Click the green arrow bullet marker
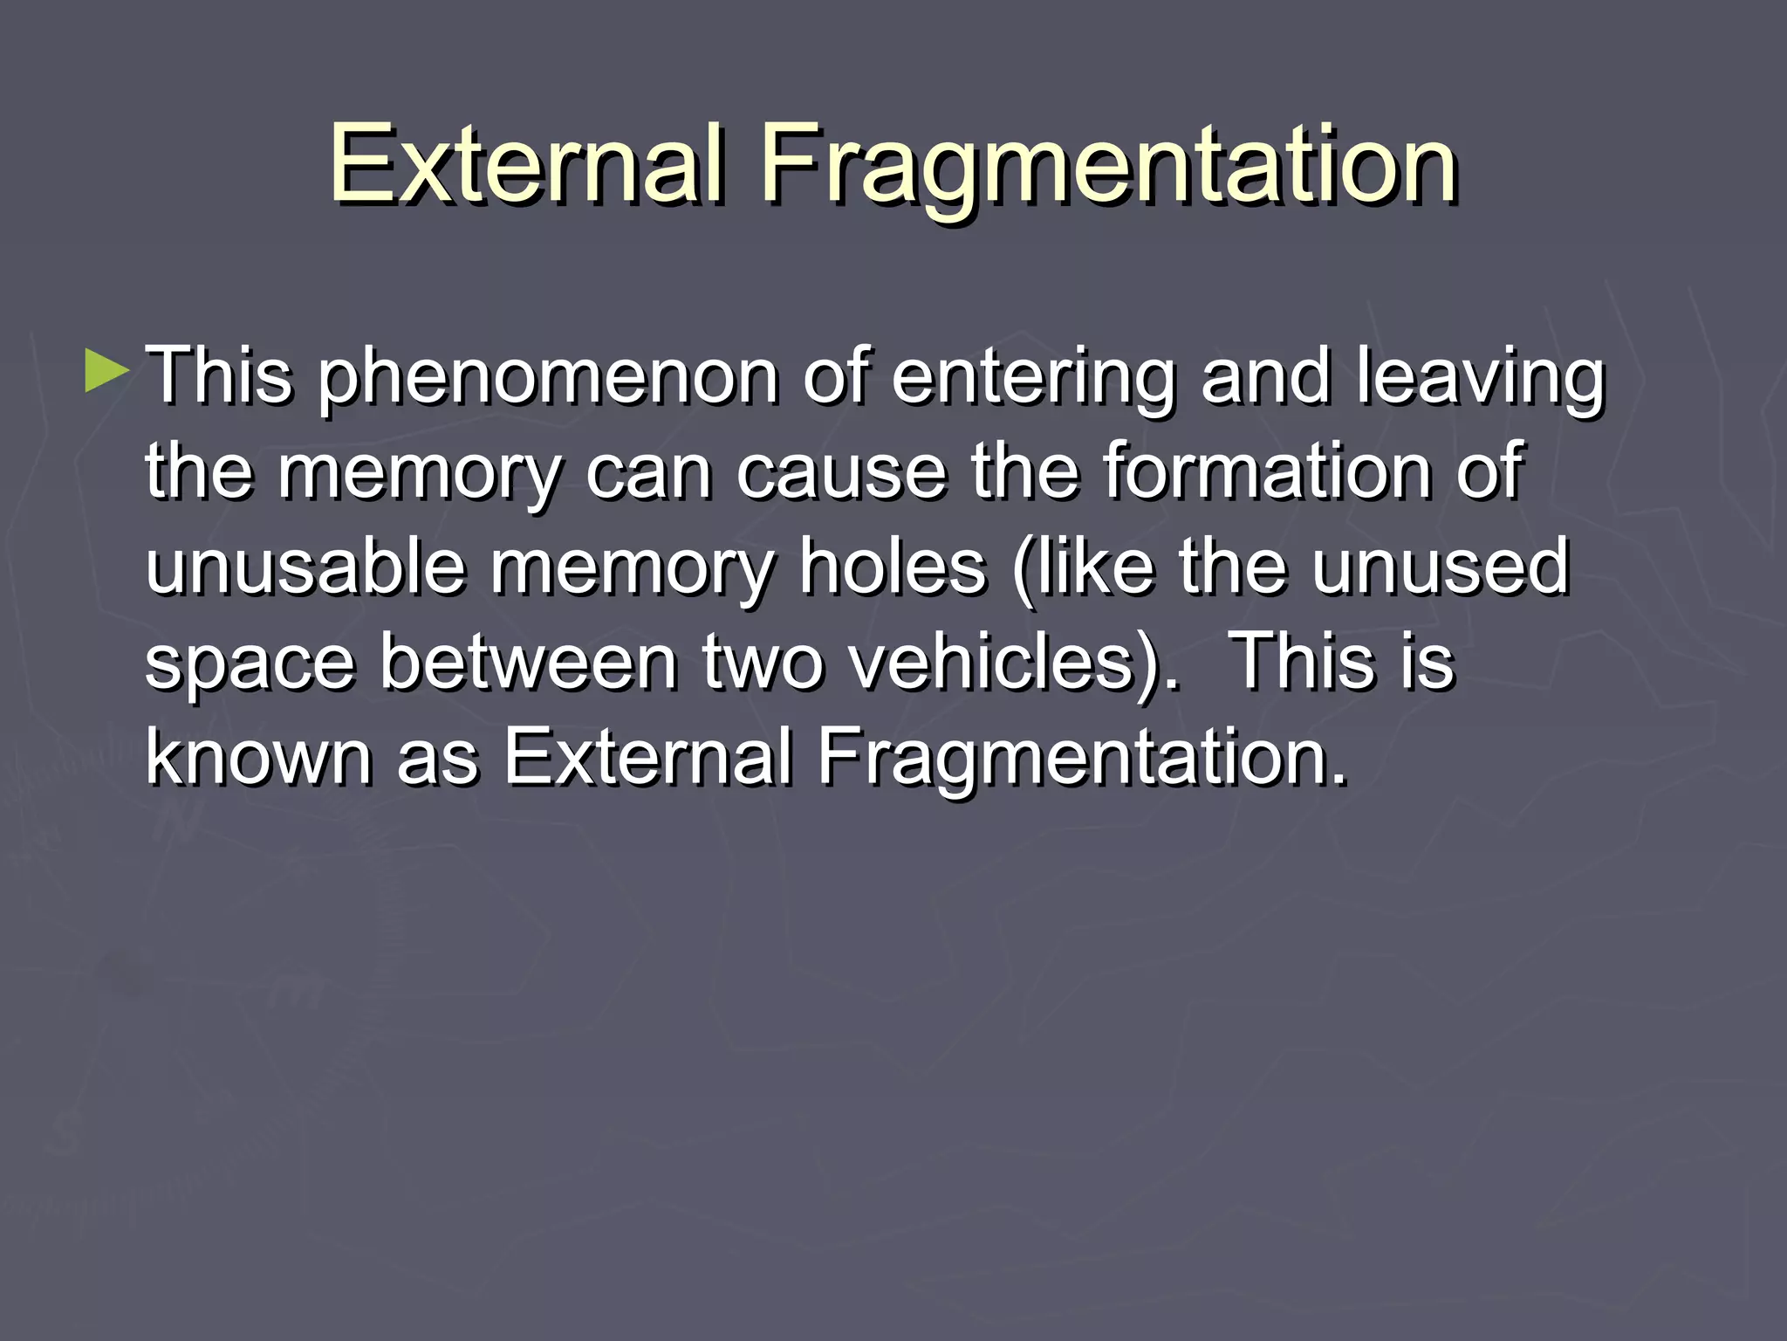click(x=107, y=371)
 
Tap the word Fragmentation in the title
click(x=1108, y=166)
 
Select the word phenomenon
click(x=548, y=379)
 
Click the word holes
click(x=894, y=567)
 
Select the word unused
click(x=1441, y=567)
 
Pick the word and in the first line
click(x=1266, y=377)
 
